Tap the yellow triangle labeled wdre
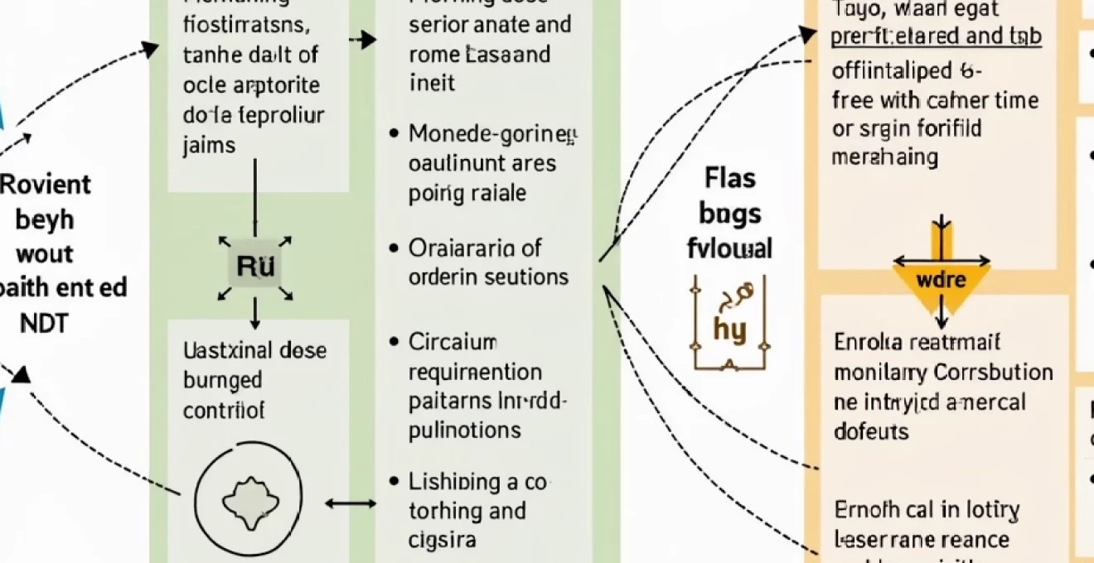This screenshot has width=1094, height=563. [x=942, y=280]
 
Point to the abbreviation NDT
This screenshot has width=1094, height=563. [x=44, y=323]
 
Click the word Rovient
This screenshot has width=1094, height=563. [x=46, y=183]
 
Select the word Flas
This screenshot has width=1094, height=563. [x=730, y=178]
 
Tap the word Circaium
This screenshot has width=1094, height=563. [x=453, y=341]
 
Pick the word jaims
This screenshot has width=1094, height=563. [x=209, y=145]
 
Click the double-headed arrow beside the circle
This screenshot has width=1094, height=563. [x=351, y=503]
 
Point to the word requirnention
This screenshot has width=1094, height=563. [x=475, y=372]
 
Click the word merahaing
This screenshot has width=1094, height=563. [x=885, y=157]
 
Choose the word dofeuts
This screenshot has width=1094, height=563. [x=871, y=431]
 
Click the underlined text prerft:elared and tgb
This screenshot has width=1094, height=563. [x=936, y=38]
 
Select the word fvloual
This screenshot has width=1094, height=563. [x=730, y=248]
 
